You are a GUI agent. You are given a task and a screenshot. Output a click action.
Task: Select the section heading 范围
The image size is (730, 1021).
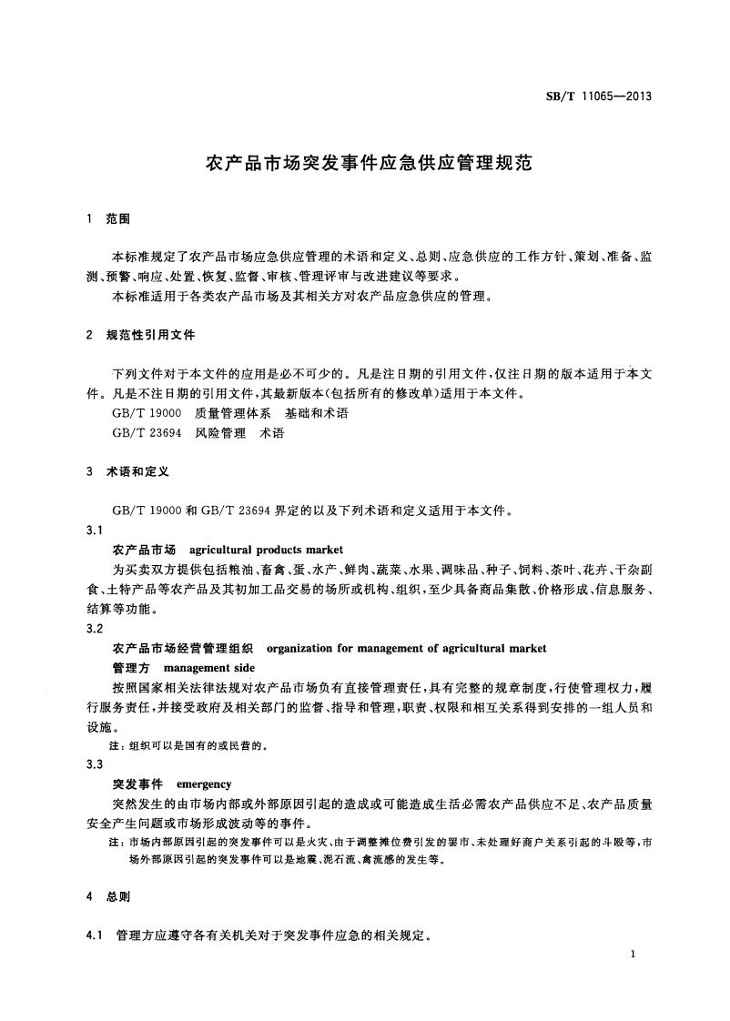118,219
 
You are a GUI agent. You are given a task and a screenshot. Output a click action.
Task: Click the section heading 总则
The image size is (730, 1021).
118,896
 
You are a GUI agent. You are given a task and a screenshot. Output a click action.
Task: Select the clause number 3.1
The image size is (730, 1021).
94,530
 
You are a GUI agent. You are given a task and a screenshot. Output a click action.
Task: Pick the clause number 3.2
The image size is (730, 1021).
94,629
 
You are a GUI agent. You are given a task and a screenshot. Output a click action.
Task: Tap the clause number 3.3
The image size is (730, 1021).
94,764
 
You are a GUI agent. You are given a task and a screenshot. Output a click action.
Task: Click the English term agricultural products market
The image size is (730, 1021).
266,550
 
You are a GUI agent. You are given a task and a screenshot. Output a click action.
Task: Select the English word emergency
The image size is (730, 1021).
204,783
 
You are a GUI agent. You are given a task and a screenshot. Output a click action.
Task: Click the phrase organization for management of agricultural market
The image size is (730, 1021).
405,648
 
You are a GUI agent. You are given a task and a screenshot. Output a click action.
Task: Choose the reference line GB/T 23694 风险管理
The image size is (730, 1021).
198,433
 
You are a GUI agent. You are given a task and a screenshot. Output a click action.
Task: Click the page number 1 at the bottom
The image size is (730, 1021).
631,953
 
